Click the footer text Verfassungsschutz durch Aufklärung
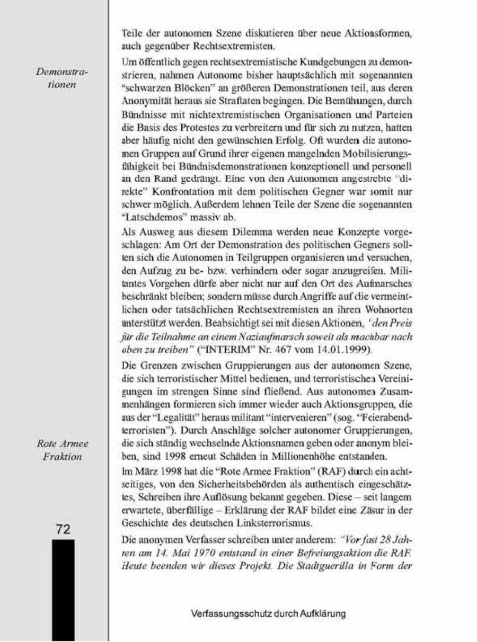point(268,614)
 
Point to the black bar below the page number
point(63,588)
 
